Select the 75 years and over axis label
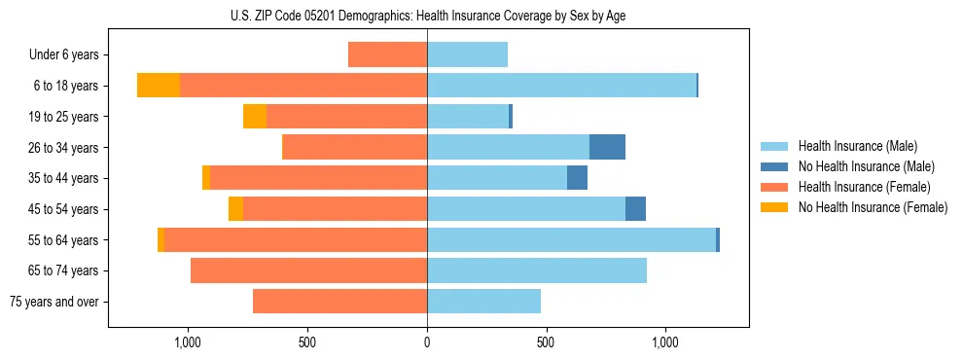pyautogui.click(x=53, y=302)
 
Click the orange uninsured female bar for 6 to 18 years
pyautogui.click(x=159, y=86)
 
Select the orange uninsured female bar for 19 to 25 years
pyautogui.click(x=255, y=117)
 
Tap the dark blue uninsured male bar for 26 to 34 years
pyautogui.click(x=607, y=148)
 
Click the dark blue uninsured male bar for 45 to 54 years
pyautogui.click(x=635, y=209)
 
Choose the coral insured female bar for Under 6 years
pyautogui.click(x=387, y=55)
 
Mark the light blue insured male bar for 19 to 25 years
pyautogui.click(x=468, y=117)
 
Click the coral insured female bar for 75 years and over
pyautogui.click(x=339, y=302)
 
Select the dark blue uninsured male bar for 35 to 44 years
pyautogui.click(x=577, y=178)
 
